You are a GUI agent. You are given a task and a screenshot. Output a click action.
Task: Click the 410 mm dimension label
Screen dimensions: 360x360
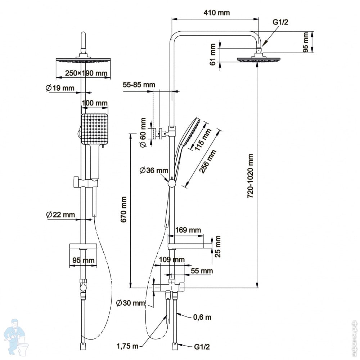pos(216,13)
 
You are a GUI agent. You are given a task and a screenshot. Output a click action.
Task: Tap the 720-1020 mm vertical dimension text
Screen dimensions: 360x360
pos(250,176)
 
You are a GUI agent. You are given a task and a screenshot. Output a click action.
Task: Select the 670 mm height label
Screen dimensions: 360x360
pos(124,210)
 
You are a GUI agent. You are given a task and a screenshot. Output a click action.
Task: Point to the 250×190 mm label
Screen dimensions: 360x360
pos(86,73)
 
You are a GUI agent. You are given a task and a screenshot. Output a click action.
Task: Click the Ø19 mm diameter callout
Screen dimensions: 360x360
pos(60,88)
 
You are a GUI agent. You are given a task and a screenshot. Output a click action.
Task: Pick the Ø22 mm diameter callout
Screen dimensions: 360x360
pos(60,215)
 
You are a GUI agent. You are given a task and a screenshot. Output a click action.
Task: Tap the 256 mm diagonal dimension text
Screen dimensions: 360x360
pos(208,161)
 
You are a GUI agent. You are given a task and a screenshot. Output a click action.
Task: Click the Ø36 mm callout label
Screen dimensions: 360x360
pos(154,170)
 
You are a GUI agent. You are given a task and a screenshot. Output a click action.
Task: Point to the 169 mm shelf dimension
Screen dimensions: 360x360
pos(188,230)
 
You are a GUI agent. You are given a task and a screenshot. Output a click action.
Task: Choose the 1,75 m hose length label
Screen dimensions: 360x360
pos(128,346)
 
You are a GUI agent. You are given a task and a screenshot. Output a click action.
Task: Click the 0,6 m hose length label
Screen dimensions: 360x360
pos(202,317)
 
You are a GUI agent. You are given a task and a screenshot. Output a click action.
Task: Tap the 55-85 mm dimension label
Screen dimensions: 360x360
pos(139,85)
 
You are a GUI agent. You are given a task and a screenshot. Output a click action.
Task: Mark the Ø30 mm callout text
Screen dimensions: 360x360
pos(130,303)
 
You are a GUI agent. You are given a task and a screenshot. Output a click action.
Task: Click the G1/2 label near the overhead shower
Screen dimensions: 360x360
pos(280,22)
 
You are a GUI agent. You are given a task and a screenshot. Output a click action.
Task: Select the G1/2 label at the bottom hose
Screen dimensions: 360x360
pos(202,347)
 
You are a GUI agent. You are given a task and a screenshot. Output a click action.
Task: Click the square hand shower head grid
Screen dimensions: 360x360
pos(94,129)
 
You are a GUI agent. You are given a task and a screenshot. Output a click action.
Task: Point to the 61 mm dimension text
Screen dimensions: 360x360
pos(213,55)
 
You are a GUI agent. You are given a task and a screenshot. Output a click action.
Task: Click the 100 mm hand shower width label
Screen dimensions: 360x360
pos(95,103)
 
